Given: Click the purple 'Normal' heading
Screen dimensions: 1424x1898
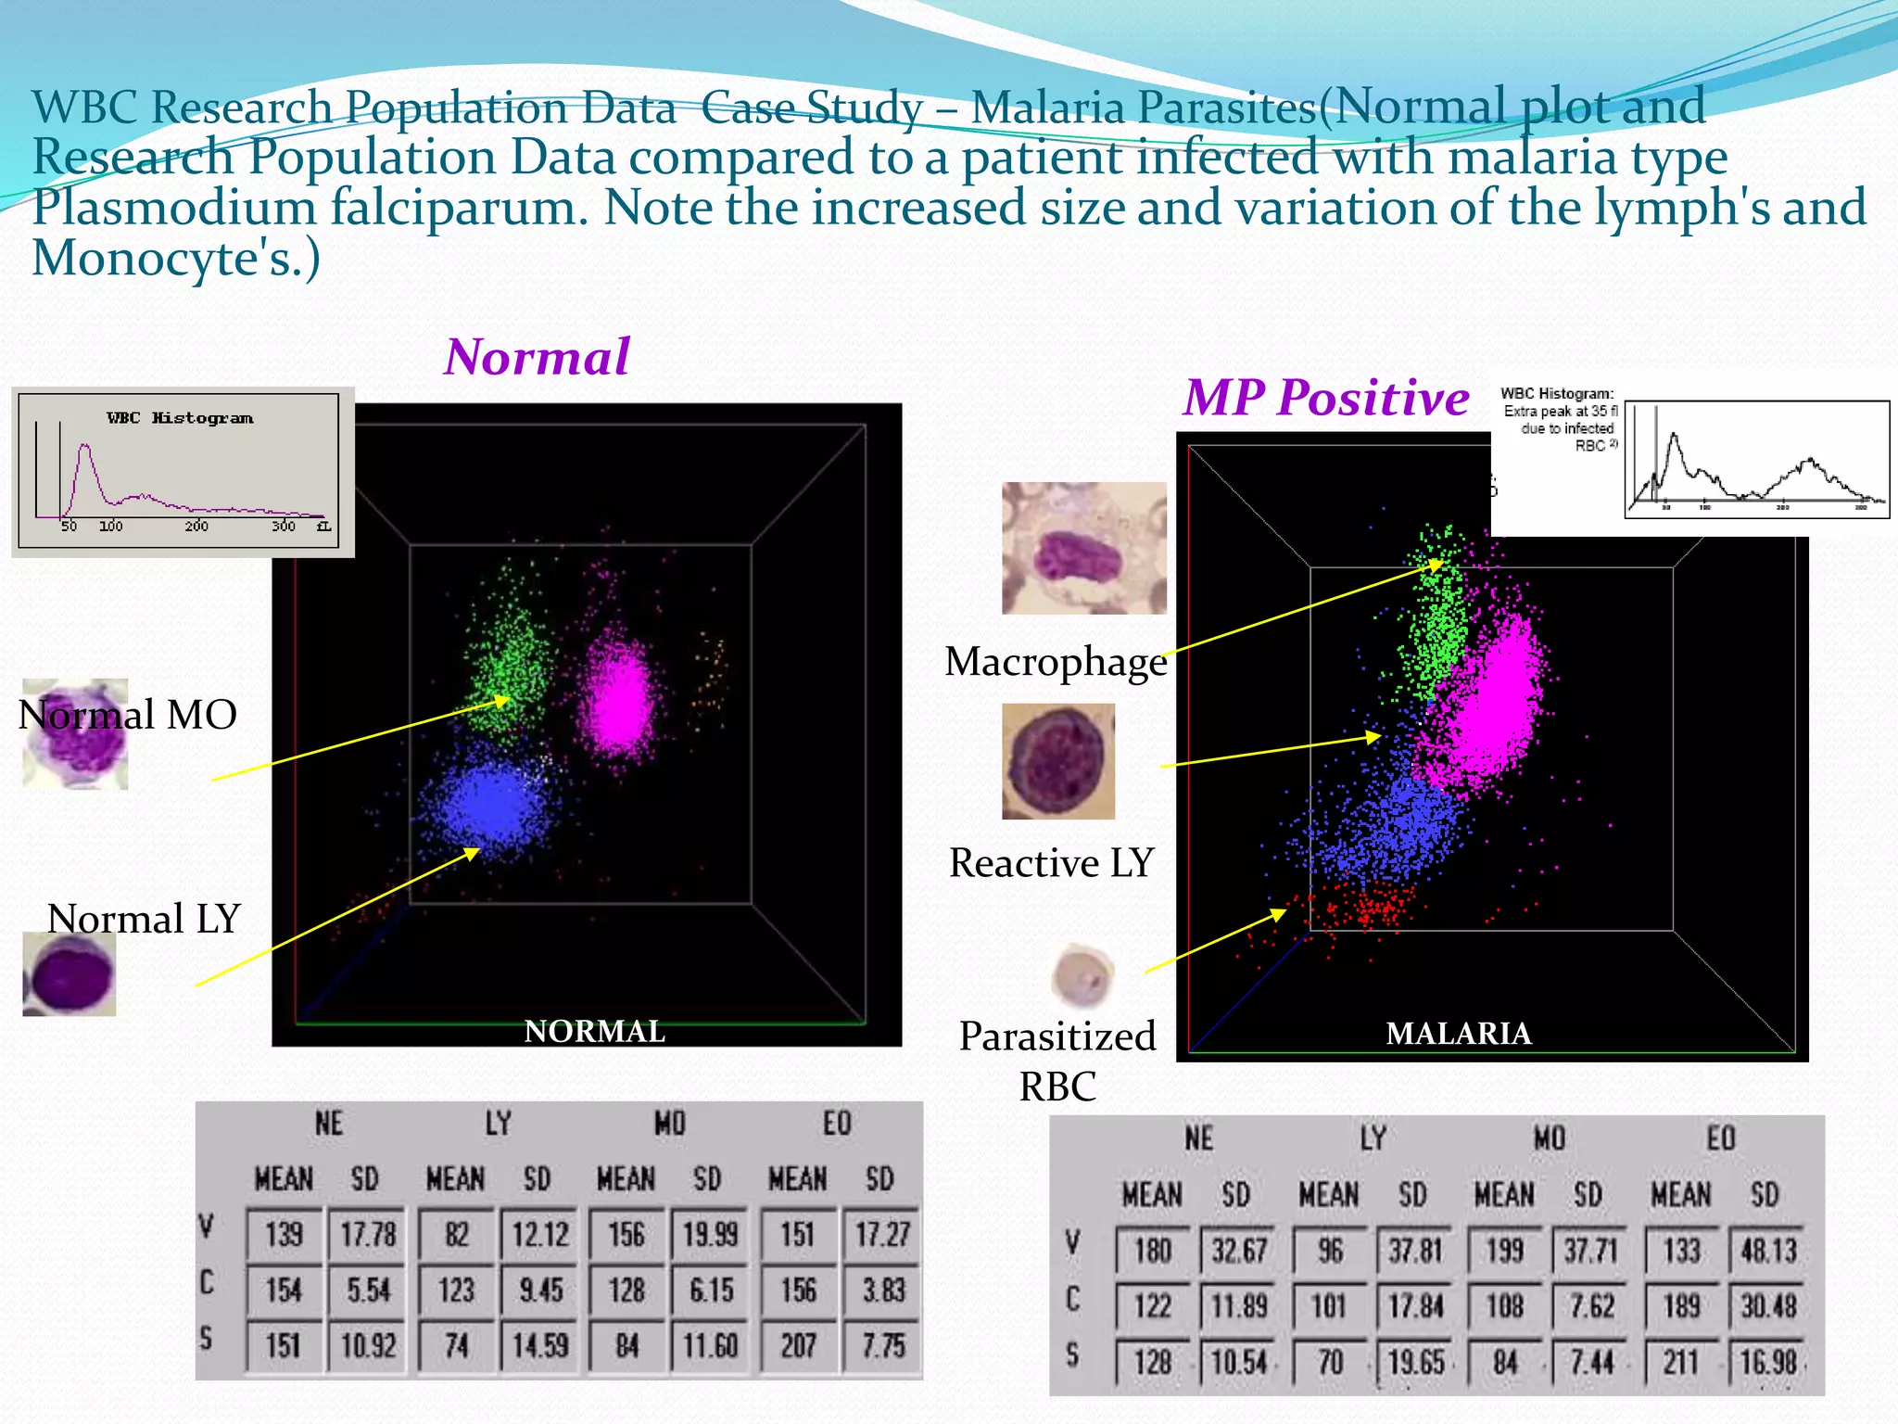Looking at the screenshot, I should tap(538, 358).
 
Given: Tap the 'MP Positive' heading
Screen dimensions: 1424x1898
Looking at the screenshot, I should tap(1326, 399).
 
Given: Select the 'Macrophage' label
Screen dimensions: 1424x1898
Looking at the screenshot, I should tap(1056, 662).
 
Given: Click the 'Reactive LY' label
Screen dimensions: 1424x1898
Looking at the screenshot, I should tap(1051, 863).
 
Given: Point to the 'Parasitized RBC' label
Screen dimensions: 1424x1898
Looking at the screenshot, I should tap(1057, 1061).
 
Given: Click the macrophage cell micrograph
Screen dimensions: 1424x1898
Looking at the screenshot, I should tap(1083, 548).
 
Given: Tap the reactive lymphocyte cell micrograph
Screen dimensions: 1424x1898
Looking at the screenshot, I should tap(1058, 761).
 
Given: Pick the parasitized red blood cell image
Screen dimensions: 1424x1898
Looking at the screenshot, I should tap(1083, 975).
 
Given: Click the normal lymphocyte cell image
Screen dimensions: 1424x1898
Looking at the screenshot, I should tap(70, 974).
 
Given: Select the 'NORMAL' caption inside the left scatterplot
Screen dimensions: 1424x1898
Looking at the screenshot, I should tap(594, 1031).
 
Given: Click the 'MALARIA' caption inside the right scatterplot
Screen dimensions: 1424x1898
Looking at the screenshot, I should tap(1458, 1034).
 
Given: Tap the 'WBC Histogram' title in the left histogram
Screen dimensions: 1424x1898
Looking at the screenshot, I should tap(180, 418).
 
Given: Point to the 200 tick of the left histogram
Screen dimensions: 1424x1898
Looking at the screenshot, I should tap(196, 527).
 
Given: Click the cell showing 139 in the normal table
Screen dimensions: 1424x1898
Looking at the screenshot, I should tap(284, 1235).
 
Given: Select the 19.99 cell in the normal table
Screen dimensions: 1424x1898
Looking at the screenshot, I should tap(710, 1235).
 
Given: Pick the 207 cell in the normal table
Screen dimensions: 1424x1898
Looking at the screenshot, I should tap(798, 1345).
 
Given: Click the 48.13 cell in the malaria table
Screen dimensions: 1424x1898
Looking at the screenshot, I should tap(1768, 1252).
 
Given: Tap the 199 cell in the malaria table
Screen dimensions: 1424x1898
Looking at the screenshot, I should tap(1505, 1252).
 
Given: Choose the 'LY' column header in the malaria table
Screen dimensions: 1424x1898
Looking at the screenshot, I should tap(1373, 1139).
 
